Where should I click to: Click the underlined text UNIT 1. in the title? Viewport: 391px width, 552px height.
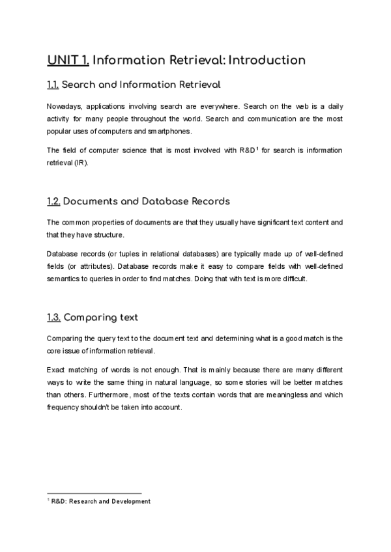68,61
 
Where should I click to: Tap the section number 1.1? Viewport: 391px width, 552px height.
53,85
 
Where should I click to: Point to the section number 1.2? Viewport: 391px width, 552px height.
53,201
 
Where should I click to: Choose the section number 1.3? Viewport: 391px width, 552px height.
53,318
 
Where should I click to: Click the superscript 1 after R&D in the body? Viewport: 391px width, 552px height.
257,149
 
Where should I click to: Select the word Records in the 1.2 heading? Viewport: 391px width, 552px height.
205,201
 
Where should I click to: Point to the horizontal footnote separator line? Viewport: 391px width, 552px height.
94,493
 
